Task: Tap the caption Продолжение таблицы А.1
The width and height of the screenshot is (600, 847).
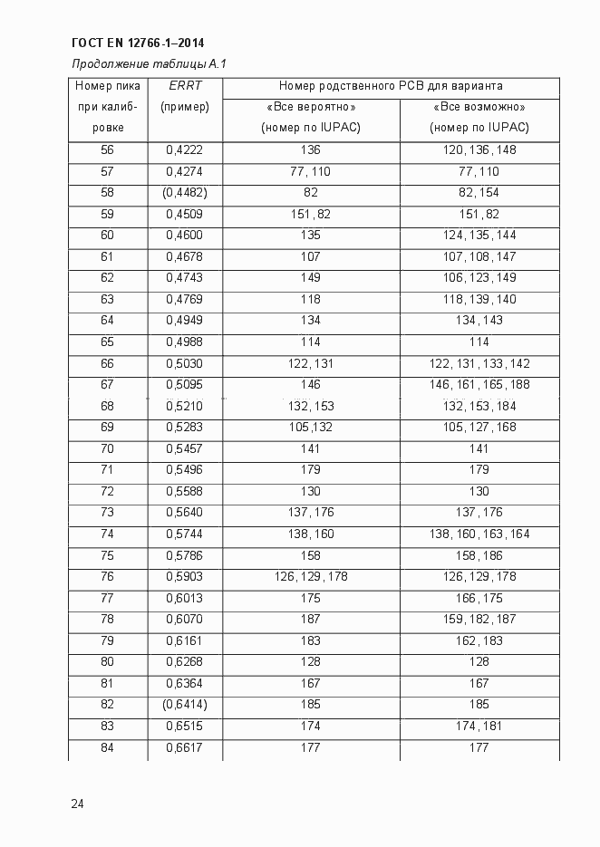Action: pyautogui.click(x=149, y=64)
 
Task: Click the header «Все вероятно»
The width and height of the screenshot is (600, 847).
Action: pyautogui.click(x=310, y=107)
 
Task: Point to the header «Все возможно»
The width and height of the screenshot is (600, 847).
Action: pyautogui.click(x=479, y=107)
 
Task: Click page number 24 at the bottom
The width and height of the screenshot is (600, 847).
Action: pyautogui.click(x=77, y=803)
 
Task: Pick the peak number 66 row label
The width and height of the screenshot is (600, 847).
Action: pyautogui.click(x=107, y=363)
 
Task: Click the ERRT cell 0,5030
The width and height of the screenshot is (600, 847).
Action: pyautogui.click(x=184, y=363)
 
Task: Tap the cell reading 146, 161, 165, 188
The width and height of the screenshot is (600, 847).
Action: pyautogui.click(x=479, y=385)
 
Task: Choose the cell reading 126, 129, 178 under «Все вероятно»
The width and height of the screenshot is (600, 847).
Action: pyautogui.click(x=310, y=577)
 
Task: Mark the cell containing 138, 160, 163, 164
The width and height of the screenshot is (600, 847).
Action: pyautogui.click(x=479, y=534)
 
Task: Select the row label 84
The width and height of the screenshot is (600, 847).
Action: pyautogui.click(x=107, y=747)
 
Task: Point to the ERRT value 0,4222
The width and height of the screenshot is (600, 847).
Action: pyautogui.click(x=184, y=149)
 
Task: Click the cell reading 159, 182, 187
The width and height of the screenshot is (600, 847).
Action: pyautogui.click(x=479, y=620)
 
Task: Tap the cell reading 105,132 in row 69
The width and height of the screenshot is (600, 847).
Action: pyautogui.click(x=310, y=428)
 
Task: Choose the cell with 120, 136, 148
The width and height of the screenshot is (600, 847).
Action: pyautogui.click(x=479, y=149)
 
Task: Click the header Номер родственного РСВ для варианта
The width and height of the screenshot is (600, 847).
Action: pyautogui.click(x=391, y=87)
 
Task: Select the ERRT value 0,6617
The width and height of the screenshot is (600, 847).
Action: pyautogui.click(x=184, y=747)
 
